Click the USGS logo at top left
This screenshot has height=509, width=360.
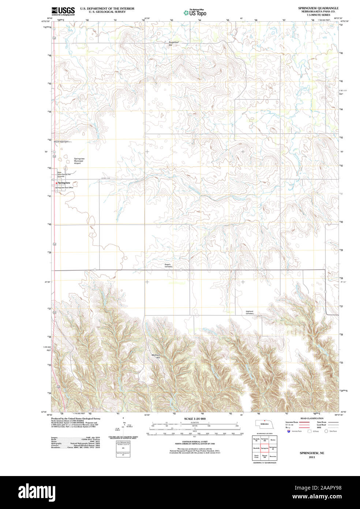pos(63,11)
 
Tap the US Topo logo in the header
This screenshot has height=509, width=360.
pos(195,12)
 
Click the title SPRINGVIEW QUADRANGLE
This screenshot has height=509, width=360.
pos(318,8)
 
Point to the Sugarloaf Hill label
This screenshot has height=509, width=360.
pos(173,43)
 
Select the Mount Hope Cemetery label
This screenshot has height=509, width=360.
pos(63,142)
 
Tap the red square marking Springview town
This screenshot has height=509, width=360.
pos(56,182)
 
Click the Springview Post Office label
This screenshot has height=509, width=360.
pos(64,187)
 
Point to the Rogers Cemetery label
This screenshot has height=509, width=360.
pos(168,265)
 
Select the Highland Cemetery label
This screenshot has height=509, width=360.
pos(250,312)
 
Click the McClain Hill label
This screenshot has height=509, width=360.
pos(156,356)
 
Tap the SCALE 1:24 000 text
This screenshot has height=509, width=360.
pos(195,419)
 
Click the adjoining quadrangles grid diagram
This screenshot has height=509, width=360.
pos(264,448)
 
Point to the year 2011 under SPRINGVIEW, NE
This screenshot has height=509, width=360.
pos(312,457)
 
